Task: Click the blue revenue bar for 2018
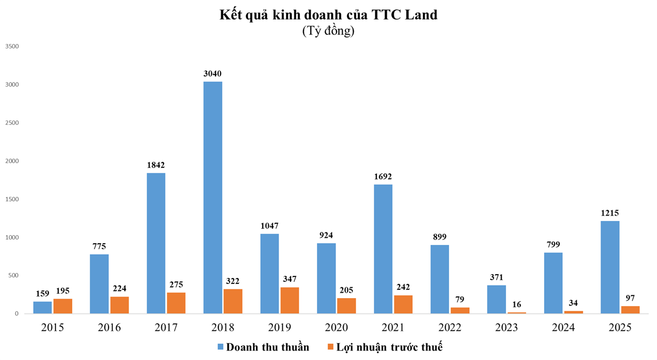click(x=212, y=197)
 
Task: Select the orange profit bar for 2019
click(x=289, y=300)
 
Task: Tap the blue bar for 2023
click(x=496, y=299)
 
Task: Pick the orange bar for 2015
click(x=62, y=306)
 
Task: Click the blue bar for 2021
click(x=383, y=249)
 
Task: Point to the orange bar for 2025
click(x=630, y=310)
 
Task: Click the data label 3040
click(x=212, y=73)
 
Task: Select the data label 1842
click(x=155, y=165)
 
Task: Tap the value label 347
click(x=289, y=279)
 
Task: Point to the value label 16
click(x=517, y=304)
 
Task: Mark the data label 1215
click(x=610, y=213)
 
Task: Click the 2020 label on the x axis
click(x=336, y=328)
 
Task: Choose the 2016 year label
click(x=109, y=328)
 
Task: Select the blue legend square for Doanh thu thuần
click(x=220, y=347)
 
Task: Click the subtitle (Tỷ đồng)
click(x=328, y=31)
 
